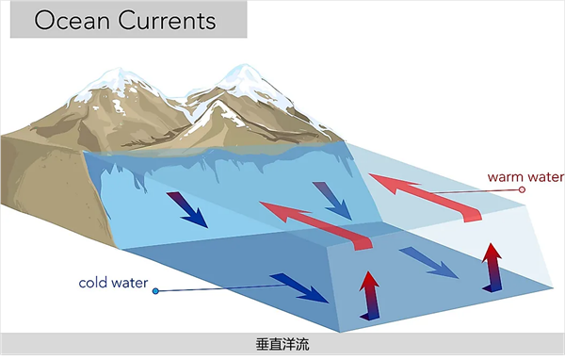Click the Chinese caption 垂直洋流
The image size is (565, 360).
pos(282,345)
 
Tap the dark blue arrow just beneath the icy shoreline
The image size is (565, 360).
pos(188,209)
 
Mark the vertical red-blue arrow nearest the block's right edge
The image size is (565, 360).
pos(491,266)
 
